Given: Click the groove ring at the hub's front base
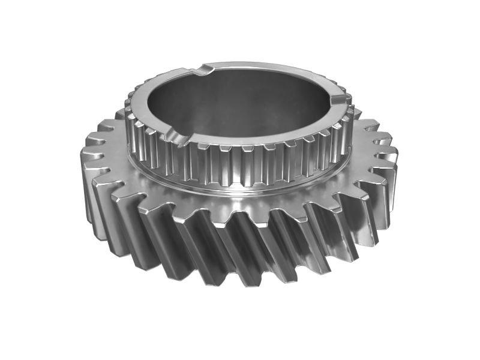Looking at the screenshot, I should pos(240,191).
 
